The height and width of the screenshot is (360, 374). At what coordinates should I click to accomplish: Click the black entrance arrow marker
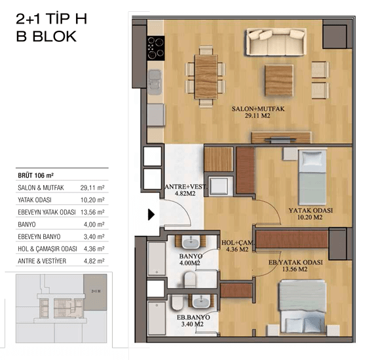coord(151,214)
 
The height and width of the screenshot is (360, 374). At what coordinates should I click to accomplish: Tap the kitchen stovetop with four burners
coord(156,48)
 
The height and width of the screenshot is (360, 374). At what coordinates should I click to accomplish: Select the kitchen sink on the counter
coord(155,82)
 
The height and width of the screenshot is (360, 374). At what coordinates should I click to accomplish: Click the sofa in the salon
coord(276,42)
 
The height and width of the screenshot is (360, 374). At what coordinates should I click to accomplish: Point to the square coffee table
coord(279,81)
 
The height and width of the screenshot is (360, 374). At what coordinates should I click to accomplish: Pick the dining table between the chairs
coord(206,77)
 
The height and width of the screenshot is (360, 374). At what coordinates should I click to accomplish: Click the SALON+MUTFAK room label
coord(258,109)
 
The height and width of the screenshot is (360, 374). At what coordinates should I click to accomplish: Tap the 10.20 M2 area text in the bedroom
coord(310,217)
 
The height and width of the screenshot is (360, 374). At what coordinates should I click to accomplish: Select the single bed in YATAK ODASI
coord(312,177)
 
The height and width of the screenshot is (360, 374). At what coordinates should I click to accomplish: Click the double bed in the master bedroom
coord(303,306)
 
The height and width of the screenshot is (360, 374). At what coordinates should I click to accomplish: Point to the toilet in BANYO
coord(190,279)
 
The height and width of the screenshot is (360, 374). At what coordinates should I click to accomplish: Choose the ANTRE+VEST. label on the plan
coord(185,187)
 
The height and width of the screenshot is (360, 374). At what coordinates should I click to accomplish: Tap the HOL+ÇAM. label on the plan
coord(238,243)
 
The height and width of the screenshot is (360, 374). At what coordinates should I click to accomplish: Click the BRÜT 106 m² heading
coord(36,175)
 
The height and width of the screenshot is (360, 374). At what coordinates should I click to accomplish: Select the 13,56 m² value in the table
coord(92,212)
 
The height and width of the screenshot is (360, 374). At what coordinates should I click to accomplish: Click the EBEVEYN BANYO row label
coord(39,237)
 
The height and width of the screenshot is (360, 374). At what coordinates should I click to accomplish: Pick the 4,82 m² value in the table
coord(94,261)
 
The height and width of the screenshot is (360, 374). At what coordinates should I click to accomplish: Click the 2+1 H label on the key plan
coord(96,291)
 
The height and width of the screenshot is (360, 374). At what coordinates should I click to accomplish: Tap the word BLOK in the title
coord(54,37)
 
